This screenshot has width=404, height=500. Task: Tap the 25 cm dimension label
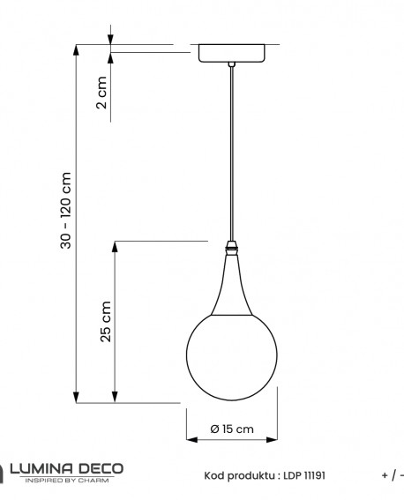tap(106, 321)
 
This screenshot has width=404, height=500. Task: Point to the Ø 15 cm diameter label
tap(232, 429)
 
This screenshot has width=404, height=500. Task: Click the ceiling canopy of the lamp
tap(231, 53)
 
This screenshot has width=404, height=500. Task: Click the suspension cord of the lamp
tap(231, 150)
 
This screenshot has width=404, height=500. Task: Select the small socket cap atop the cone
tap(231, 245)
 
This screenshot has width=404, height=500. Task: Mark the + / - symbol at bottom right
tap(392, 475)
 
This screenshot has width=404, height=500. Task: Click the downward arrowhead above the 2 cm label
tap(111, 40)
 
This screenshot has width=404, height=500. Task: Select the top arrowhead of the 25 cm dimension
tap(114, 245)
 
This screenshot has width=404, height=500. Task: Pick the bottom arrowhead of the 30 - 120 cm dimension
tap(77, 399)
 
